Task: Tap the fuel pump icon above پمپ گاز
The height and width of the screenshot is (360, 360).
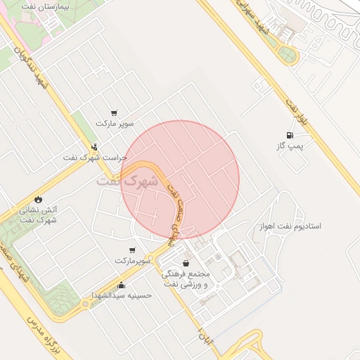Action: click(289, 135)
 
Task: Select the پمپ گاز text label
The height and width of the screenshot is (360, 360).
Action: click(289, 146)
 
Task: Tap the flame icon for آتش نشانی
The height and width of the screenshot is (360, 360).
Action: click(38, 199)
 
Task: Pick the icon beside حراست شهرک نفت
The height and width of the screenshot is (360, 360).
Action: click(94, 148)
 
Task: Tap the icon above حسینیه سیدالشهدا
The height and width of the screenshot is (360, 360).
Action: click(122, 285)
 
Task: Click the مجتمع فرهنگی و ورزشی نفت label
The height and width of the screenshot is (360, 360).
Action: click(184, 278)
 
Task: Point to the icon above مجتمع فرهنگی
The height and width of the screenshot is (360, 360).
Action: click(186, 264)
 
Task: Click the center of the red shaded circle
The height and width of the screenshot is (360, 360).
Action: click(180, 180)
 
